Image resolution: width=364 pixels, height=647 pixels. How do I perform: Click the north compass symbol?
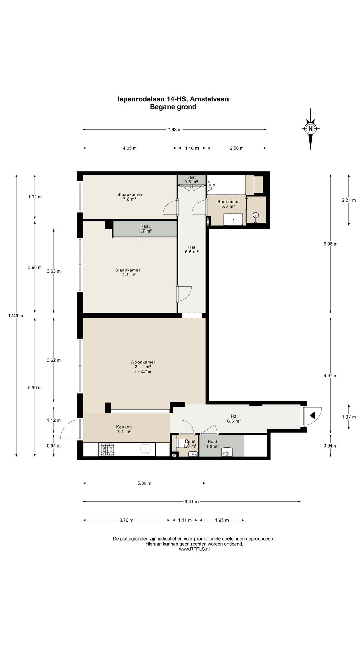[310, 128]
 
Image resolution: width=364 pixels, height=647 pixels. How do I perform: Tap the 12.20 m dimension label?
[16, 316]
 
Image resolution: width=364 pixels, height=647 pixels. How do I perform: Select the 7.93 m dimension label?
[175, 130]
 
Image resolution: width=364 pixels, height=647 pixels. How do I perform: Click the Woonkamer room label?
[143, 362]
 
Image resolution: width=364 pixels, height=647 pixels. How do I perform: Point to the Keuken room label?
[124, 427]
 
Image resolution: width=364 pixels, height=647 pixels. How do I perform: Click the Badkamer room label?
[228, 202]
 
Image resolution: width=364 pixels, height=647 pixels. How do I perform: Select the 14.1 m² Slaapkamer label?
[128, 272]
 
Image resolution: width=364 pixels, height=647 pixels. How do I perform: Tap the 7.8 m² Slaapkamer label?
[130, 197]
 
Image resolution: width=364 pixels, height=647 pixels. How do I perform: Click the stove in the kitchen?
[108, 450]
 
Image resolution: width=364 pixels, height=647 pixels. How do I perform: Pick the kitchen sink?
[146, 450]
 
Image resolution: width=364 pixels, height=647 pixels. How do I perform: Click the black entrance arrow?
[312, 415]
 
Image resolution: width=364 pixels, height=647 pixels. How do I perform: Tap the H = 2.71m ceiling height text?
[142, 372]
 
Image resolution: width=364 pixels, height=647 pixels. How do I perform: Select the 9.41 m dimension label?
[191, 502]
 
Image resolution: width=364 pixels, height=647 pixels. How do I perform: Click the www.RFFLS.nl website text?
[194, 549]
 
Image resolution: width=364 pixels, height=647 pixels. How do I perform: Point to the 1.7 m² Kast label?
[145, 229]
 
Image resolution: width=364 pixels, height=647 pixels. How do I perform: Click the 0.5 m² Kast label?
[191, 179]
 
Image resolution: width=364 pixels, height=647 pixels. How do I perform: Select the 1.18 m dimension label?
[192, 148]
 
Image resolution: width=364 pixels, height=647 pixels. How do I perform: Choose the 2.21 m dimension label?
[348, 200]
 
